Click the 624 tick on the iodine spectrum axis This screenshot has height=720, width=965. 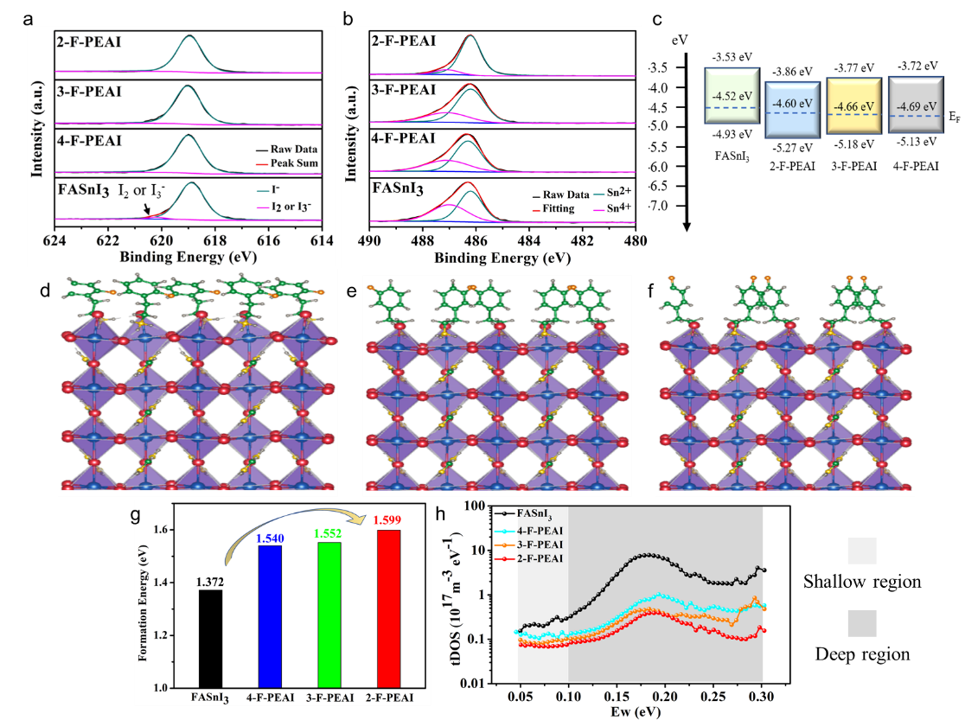tap(54, 241)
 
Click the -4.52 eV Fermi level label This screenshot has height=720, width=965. tap(731, 96)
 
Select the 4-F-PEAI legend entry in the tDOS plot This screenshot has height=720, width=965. tap(538, 530)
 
